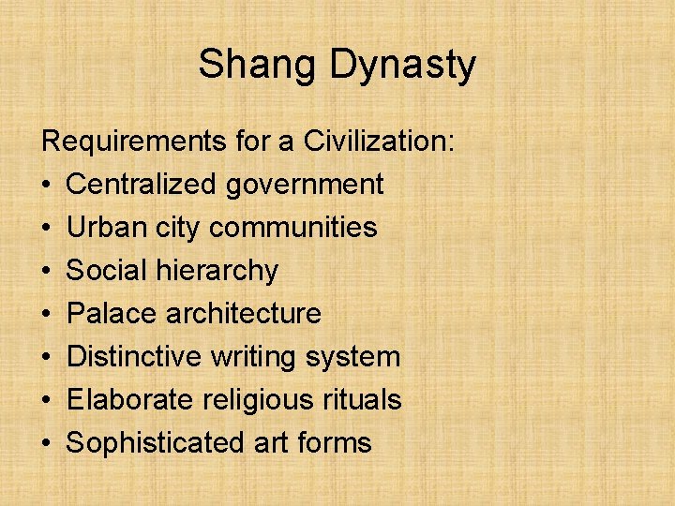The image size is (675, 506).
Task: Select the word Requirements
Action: pyautogui.click(x=133, y=142)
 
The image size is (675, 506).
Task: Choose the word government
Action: pyautogui.click(x=305, y=185)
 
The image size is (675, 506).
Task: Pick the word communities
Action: pyautogui.click(x=293, y=228)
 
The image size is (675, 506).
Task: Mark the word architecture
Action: pyautogui.click(x=244, y=314)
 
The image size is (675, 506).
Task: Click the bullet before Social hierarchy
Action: pyautogui.click(x=48, y=272)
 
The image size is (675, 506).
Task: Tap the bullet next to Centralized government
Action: pyautogui.click(x=48, y=186)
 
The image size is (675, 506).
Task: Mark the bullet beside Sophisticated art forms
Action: pyautogui.click(x=48, y=444)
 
